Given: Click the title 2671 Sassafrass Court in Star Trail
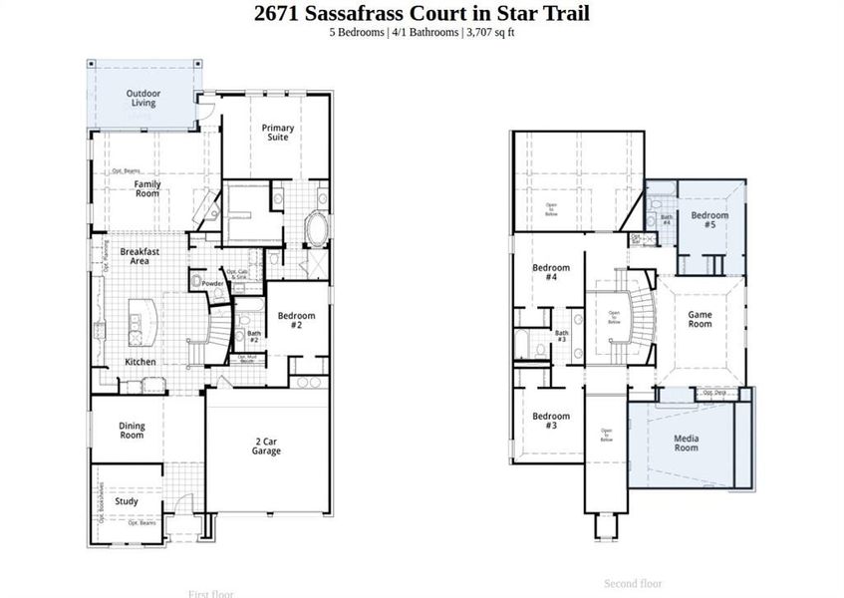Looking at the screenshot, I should coord(422,13).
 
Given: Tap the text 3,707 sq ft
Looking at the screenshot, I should coord(488,33).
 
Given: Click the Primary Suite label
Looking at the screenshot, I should coord(278,132).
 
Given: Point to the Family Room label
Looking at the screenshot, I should coord(147,187).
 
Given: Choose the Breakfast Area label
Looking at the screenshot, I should coord(141,255).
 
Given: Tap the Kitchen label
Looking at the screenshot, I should coord(141,361).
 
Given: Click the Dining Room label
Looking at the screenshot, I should coord(132,430).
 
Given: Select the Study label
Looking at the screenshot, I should coord(127,501).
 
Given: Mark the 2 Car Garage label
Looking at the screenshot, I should coord(266,446).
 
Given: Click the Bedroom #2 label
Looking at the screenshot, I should coord(296,320).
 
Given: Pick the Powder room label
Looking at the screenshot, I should coord(212,284).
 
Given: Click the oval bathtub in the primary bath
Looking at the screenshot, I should coord(318,230).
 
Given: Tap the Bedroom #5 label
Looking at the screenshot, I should coord(709,220).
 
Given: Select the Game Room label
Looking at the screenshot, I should coord(701,319).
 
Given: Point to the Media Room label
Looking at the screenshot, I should coord(686,443).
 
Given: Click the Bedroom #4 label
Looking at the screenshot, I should coord(550,272).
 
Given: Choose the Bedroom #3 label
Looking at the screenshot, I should coord(550,421).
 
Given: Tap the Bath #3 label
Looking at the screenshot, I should coord(561,337).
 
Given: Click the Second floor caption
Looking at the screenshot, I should coord(634,583).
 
